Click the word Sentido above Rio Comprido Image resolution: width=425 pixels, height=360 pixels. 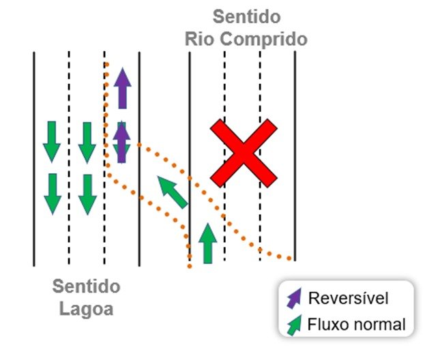[246, 17]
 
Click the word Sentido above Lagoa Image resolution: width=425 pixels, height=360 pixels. [86, 286]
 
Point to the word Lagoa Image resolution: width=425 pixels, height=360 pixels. [86, 309]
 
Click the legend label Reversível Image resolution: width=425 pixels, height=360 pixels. [349, 298]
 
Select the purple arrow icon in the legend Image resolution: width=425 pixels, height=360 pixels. [294, 299]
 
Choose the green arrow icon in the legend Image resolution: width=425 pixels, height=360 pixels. [294, 325]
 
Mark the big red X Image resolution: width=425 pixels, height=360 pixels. [244, 153]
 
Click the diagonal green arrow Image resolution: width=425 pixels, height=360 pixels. [173, 192]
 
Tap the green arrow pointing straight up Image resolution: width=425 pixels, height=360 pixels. [207, 243]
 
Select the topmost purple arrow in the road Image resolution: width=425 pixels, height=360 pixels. [123, 88]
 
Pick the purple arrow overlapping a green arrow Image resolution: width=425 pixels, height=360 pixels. [121, 142]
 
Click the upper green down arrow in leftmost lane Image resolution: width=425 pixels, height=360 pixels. [52, 142]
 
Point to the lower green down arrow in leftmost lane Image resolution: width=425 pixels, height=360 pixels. [53, 194]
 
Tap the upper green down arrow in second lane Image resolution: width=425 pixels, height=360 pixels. [87, 142]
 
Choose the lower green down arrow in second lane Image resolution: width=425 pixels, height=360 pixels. [87, 195]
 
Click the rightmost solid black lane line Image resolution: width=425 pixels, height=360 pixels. [295, 156]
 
